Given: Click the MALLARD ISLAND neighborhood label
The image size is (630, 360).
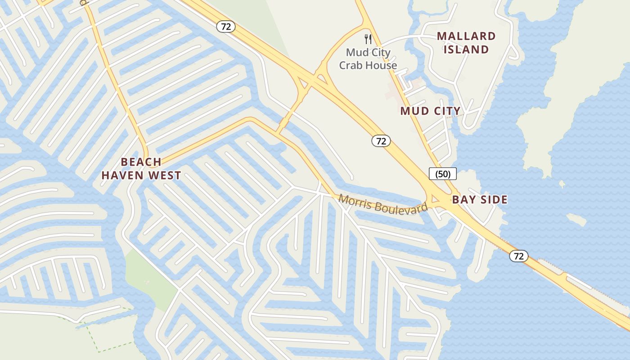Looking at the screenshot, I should [x=466, y=43].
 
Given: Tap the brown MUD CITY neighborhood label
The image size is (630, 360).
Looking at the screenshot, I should [x=430, y=111].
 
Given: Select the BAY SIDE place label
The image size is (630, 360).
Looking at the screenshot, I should [x=480, y=199].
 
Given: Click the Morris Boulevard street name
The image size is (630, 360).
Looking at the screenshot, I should [x=383, y=204].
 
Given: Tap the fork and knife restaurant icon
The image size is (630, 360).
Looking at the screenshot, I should [x=368, y=39].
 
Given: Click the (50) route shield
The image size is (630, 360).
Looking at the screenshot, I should [x=443, y=174].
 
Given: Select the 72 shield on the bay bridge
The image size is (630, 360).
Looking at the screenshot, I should [x=518, y=256].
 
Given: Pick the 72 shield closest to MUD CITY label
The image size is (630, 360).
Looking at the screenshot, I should [x=381, y=141].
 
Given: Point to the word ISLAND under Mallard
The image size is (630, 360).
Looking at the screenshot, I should [x=466, y=49].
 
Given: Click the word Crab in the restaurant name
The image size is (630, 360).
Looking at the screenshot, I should [x=350, y=65].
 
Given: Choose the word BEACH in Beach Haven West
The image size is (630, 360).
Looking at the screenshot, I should [x=141, y=162].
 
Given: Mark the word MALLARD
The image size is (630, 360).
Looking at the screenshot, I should [x=466, y=36].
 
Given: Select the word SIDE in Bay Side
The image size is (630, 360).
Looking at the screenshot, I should [x=493, y=199].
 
